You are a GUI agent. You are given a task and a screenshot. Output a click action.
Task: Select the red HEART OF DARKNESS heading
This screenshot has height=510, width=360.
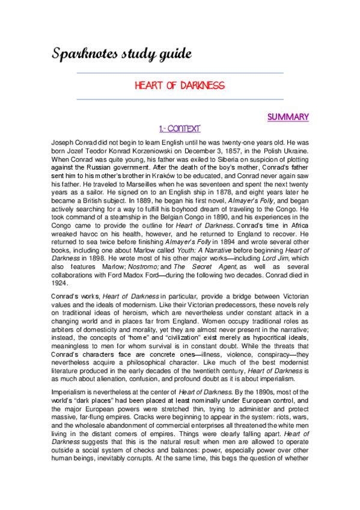180,85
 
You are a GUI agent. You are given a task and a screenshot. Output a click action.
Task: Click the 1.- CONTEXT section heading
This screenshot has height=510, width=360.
179,129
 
